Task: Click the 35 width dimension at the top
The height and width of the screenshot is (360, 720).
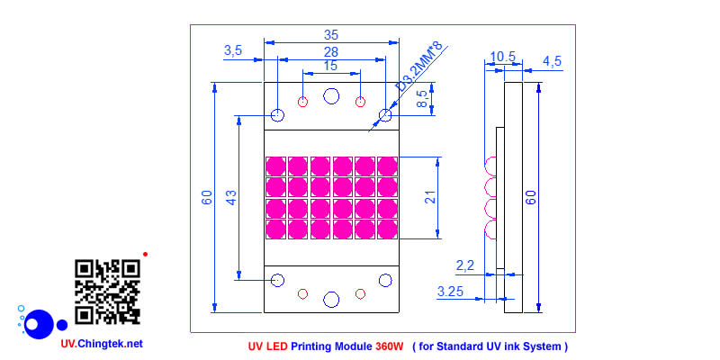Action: (331, 34)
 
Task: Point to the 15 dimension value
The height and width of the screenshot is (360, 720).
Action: (330, 66)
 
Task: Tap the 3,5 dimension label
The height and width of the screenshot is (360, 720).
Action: (233, 50)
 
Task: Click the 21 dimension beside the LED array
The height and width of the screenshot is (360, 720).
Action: (430, 197)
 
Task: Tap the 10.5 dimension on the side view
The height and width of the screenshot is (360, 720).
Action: (501, 57)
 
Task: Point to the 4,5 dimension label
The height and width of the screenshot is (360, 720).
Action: (552, 61)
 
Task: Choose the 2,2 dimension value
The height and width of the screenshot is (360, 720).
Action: (465, 265)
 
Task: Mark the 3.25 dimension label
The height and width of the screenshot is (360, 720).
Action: (451, 292)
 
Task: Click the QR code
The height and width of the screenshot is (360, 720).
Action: (107, 292)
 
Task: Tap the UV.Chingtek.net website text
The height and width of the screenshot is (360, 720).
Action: (101, 343)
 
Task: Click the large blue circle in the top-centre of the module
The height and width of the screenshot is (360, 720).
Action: (331, 96)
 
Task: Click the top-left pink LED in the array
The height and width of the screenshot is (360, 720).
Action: (275, 166)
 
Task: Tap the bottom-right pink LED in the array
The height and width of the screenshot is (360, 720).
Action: (387, 228)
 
